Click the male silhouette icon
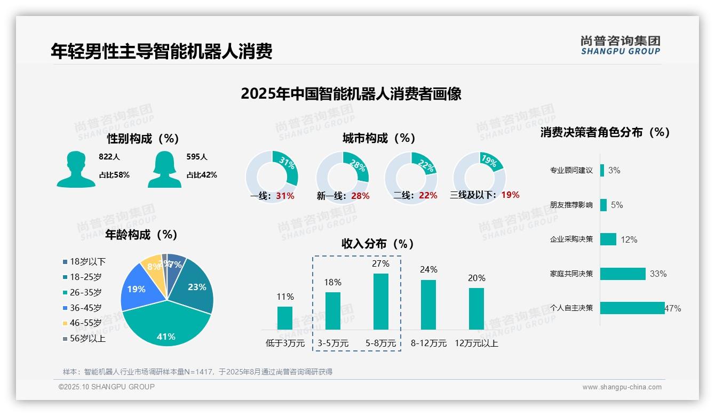76,169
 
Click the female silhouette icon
164,169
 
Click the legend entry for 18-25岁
82,277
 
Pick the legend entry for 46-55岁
82,323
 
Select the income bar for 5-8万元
380,301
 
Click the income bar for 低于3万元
285,318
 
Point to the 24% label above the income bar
428,270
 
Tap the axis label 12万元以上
476,343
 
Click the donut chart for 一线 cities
272,177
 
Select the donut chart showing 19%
479,177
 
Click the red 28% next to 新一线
360,196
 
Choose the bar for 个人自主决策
632,308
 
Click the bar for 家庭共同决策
623,274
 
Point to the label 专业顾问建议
571,171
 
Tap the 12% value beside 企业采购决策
629,240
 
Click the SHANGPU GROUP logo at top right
620,45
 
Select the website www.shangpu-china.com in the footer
622,387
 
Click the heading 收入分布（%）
378,244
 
